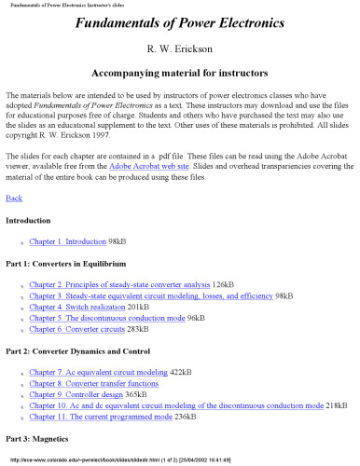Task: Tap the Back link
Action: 14,199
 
